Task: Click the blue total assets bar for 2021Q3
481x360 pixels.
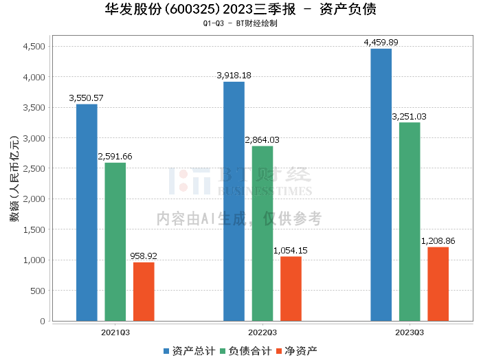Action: coord(87,212)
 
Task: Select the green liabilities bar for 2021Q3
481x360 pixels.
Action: coord(115,242)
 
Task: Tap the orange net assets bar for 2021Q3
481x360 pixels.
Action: coord(144,291)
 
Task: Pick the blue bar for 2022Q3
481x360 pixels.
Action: coord(234,201)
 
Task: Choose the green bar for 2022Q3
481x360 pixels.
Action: coord(262,234)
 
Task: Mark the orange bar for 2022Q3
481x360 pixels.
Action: coord(291,289)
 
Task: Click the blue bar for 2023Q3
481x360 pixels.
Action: coord(381,185)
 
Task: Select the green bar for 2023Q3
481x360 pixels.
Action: coord(410,221)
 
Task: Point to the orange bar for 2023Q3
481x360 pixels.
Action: coord(438,284)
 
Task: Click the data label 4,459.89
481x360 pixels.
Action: coord(381,43)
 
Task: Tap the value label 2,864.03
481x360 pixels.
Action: coord(262,140)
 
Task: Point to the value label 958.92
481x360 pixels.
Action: coord(144,256)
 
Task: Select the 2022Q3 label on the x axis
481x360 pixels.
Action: coord(262,331)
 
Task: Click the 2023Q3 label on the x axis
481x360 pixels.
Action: coord(410,331)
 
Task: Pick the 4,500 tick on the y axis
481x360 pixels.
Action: coord(34,47)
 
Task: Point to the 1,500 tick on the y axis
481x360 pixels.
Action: coord(34,229)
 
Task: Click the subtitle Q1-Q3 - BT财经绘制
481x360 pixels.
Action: coord(240,23)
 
